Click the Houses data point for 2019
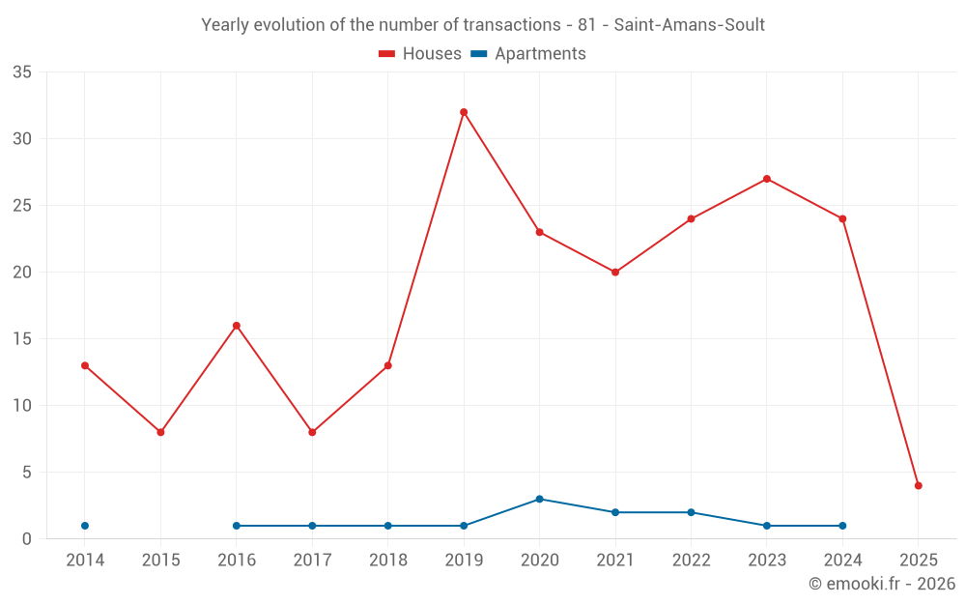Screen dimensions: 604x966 coord(464,112)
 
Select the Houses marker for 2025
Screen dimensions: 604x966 coord(919,486)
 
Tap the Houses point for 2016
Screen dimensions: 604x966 coord(237,326)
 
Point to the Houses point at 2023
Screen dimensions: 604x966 coord(767,179)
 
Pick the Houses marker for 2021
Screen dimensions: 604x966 coord(615,273)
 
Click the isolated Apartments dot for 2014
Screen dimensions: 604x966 coord(85,526)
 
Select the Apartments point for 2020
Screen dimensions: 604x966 coord(539,499)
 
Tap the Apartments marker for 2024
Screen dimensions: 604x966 coord(842,526)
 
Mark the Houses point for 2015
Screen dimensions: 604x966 coord(160,432)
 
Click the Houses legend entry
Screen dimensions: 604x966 coord(420,54)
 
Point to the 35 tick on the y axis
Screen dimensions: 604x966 coord(22,72)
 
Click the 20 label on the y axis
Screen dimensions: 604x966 coord(22,273)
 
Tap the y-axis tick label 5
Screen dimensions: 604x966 coord(27,473)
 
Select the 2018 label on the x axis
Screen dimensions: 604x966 coord(387,560)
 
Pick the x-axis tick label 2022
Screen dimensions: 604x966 coord(691,560)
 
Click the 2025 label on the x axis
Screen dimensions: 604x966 coord(919,560)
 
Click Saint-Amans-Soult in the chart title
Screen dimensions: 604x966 coord(689,25)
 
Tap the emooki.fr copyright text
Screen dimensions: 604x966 coord(882,584)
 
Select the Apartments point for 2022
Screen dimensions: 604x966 coord(691,512)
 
